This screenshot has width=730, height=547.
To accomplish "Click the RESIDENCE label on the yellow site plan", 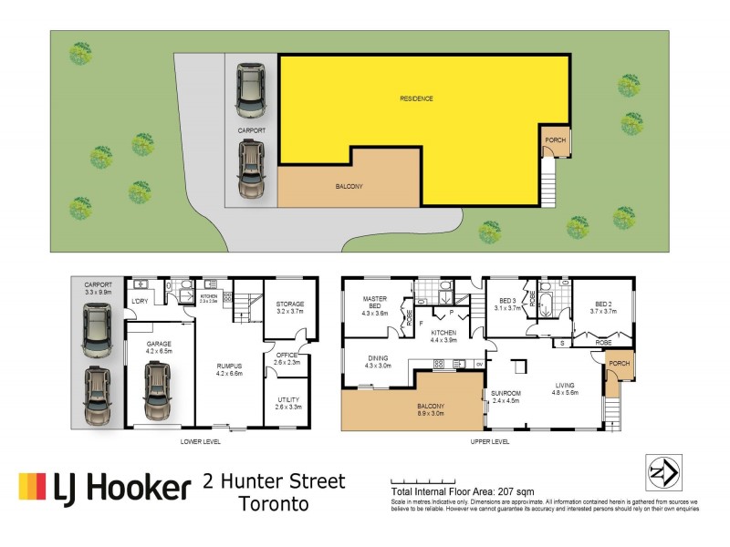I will point(415,98).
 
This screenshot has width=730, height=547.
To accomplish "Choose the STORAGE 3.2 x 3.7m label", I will point(290,308).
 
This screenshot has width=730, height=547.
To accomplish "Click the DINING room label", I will point(379,362).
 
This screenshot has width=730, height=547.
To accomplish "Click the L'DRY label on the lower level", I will point(140,302).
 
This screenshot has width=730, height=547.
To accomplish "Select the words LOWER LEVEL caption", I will point(205,441).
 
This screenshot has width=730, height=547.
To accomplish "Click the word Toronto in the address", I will point(274,503).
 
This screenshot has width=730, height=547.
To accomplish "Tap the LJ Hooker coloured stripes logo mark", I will point(33,488).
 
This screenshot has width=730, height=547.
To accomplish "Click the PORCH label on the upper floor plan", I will point(619,364).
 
